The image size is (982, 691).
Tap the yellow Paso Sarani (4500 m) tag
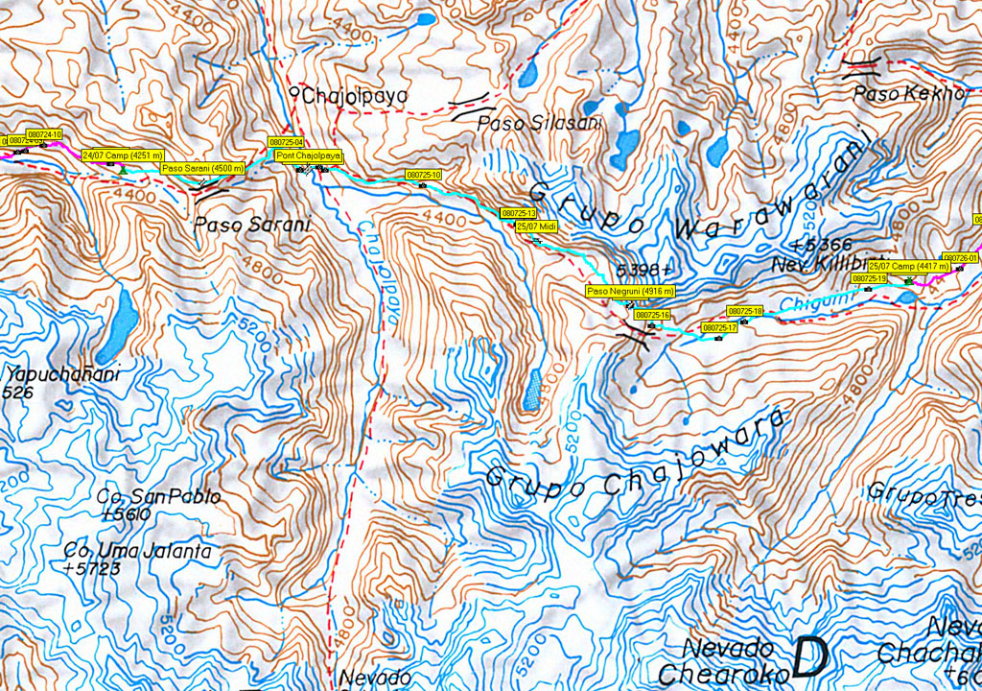(x=201, y=168)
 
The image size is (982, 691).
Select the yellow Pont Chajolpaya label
(x=308, y=155)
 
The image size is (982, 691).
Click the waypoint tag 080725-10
(x=423, y=175)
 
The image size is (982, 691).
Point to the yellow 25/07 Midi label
(x=536, y=226)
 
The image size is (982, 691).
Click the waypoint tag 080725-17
(x=719, y=327)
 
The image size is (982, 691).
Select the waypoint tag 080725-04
(x=286, y=142)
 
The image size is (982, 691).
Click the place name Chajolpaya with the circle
(x=350, y=95)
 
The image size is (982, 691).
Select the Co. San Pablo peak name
(x=159, y=497)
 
